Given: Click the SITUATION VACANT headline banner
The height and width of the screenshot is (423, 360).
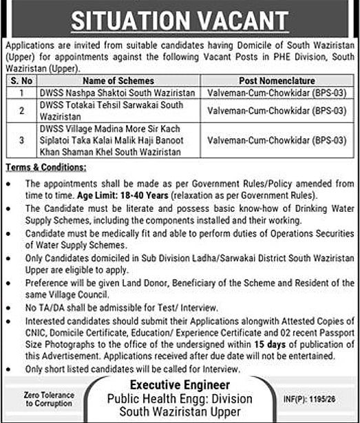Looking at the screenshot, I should pyautogui.click(x=180, y=19).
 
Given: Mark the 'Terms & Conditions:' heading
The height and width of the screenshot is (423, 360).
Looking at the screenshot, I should pyautogui.click(x=46, y=167).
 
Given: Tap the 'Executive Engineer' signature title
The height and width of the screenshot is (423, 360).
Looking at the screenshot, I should pyautogui.click(x=180, y=387).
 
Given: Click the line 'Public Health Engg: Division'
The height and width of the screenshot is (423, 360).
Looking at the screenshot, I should pyautogui.click(x=180, y=399).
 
